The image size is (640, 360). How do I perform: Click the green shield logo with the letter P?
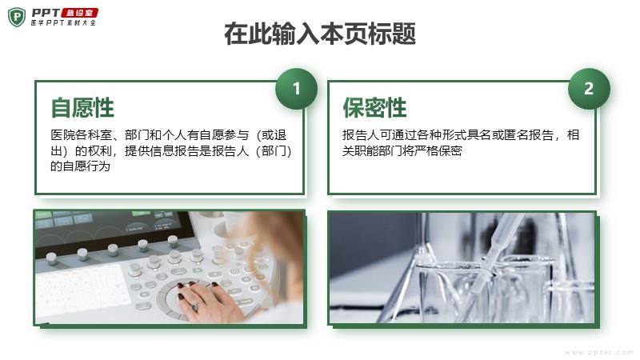[x=17, y=18]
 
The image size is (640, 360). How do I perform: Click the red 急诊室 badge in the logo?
[x=79, y=13]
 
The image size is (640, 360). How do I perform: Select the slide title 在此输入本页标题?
[x=320, y=34]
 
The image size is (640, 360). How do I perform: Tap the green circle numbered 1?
[x=296, y=89]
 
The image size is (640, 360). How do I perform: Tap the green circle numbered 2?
[x=589, y=89]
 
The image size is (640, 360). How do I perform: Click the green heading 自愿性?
[x=82, y=108]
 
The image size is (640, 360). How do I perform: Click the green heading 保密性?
[x=374, y=108]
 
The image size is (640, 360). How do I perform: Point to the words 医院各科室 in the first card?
[x=82, y=135]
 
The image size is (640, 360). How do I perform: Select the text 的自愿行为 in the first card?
[x=81, y=166]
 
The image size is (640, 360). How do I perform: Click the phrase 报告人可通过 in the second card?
[x=379, y=135]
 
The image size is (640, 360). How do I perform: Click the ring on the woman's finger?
[x=194, y=306]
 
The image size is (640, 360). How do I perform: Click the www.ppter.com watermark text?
[x=598, y=352]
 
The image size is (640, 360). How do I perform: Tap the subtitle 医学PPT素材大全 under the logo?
[x=63, y=23]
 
